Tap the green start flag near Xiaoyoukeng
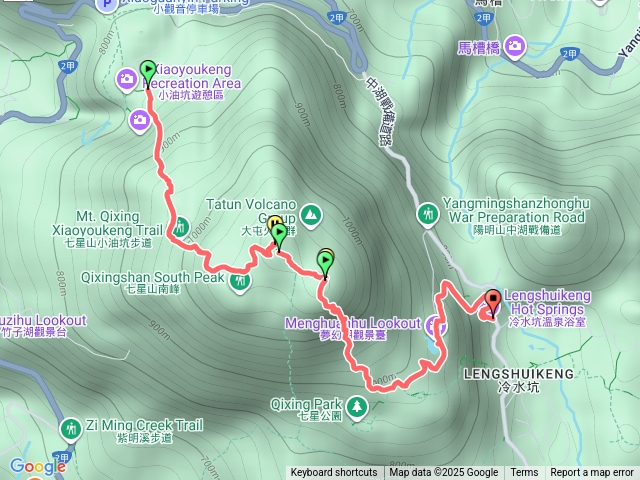(148, 70)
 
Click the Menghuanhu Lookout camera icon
(433, 325)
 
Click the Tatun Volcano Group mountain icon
(311, 213)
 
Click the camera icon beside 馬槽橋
(515, 45)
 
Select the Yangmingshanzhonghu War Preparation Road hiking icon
(429, 213)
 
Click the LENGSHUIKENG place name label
(519, 373)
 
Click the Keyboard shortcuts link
(334, 473)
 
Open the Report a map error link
(592, 473)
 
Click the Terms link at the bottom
(524, 473)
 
